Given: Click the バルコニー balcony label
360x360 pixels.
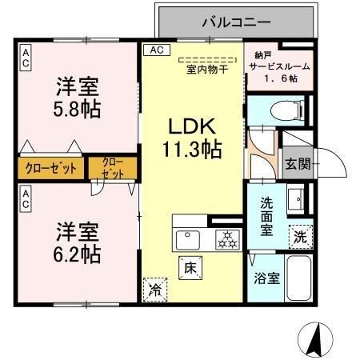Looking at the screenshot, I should [235, 22].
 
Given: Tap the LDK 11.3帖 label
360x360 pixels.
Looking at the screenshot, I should [192, 137].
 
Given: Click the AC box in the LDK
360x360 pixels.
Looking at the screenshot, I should [155, 50].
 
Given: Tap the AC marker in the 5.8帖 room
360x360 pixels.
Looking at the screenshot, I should [26, 55].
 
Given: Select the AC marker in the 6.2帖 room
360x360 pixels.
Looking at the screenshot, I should [26, 199].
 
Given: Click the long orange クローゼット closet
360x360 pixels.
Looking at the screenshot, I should [50, 168].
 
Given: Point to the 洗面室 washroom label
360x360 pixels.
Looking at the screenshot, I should [266, 214].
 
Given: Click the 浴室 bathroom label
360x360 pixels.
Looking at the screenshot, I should [266, 279].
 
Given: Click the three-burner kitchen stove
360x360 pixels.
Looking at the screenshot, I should [226, 238].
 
